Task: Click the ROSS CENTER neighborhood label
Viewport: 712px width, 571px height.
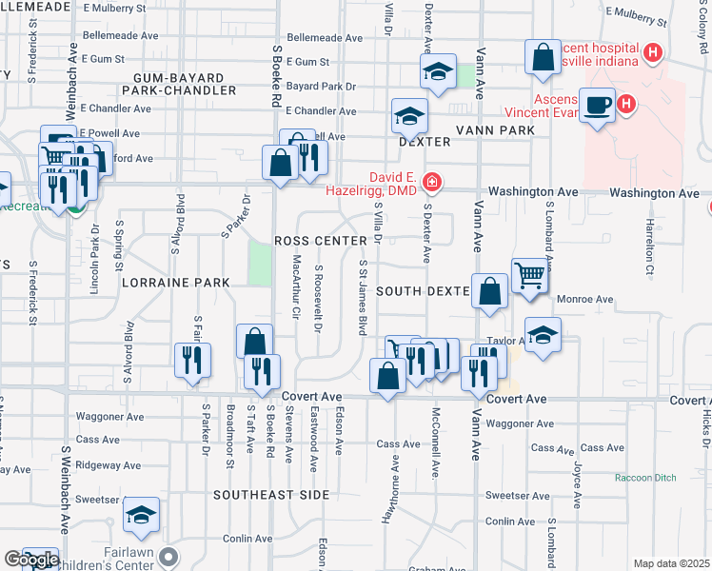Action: pyautogui.click(x=320, y=241)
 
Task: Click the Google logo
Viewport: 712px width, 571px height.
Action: pyautogui.click(x=30, y=560)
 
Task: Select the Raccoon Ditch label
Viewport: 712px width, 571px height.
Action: pyautogui.click(x=643, y=478)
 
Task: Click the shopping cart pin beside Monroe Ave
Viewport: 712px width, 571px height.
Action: pyautogui.click(x=529, y=275)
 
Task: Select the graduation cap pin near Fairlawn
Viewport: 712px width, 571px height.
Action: pyautogui.click(x=141, y=515)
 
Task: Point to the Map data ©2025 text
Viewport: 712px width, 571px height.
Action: pyautogui.click(x=672, y=563)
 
